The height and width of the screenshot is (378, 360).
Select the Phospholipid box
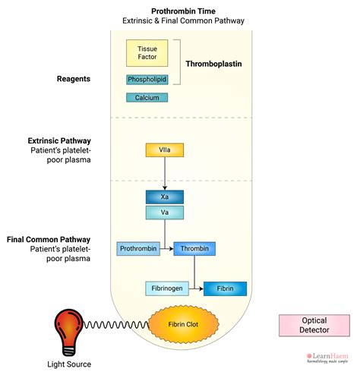pyautogui.click(x=147, y=80)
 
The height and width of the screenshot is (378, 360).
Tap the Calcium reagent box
pyautogui.click(x=147, y=97)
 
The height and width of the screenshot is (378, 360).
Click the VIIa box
pyautogui.click(x=164, y=150)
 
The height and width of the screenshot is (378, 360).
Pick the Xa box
pyautogui.click(x=164, y=197)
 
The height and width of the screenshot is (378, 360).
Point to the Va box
pyautogui.click(x=164, y=213)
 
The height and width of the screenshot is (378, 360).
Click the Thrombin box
pyautogui.click(x=195, y=248)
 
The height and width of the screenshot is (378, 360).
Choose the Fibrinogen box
pyautogui.click(x=166, y=288)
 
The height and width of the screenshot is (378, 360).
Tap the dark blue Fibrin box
pyautogui.click(x=225, y=288)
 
